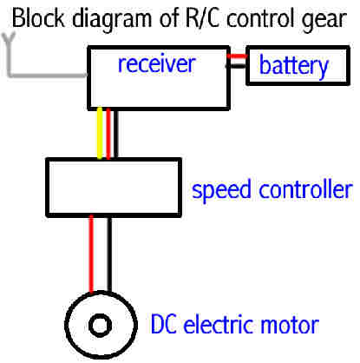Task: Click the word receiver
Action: (157, 63)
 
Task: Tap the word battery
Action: (293, 66)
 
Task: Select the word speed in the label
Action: (221, 190)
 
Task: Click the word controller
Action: (305, 189)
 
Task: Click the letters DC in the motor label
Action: (163, 324)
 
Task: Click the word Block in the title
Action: (38, 18)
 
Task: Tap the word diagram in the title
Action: (112, 20)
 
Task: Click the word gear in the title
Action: (324, 20)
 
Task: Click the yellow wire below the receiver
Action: (100, 134)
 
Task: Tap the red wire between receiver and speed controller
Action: (108, 134)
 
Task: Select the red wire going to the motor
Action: (91, 254)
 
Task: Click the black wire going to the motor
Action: (109, 254)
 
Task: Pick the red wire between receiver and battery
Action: (237, 56)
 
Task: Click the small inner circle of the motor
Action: (101, 326)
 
